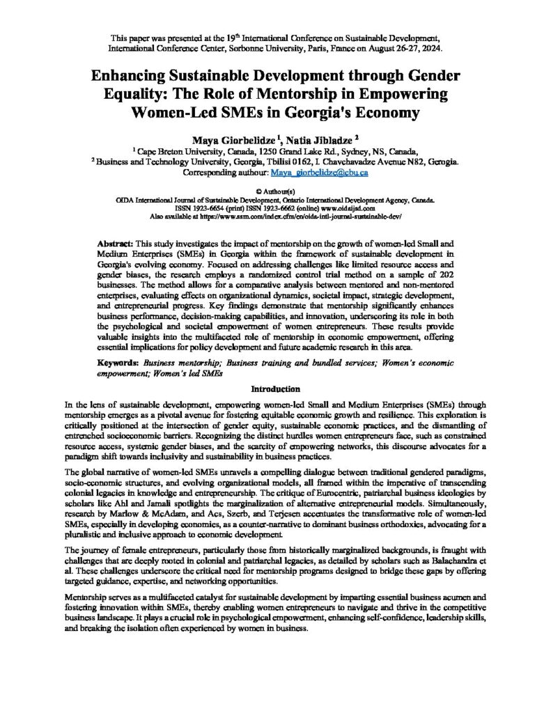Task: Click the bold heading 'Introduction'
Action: tap(275, 389)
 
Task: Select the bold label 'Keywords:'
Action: tap(118, 363)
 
